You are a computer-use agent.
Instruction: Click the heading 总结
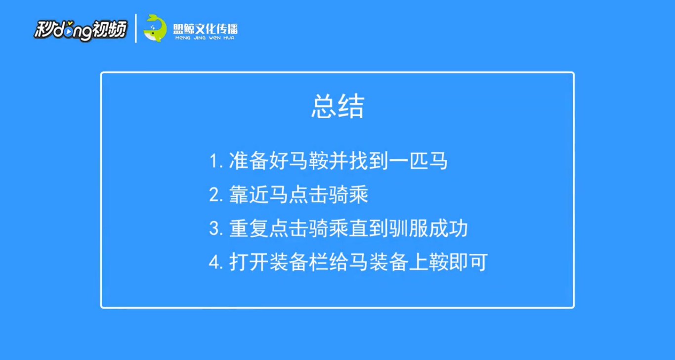(338, 106)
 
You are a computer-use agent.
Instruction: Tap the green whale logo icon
(155, 28)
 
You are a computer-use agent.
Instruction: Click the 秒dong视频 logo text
(81, 30)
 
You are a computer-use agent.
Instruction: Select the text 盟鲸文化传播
(205, 29)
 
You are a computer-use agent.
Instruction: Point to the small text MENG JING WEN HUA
(205, 38)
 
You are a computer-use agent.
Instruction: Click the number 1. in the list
(216, 161)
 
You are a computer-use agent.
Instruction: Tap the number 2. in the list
(216, 195)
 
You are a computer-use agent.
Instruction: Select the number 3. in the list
(216, 228)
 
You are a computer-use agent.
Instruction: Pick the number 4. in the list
(216, 262)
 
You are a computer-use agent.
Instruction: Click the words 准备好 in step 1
(258, 161)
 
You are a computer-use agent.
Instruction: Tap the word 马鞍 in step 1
(308, 161)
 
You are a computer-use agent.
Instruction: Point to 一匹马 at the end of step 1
(418, 161)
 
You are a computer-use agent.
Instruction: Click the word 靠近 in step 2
(249, 194)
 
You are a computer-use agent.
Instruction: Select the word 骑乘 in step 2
(349, 194)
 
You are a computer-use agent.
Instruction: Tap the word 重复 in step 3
(249, 228)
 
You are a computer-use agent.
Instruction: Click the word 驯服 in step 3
(408, 228)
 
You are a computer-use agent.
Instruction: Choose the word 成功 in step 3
(448, 228)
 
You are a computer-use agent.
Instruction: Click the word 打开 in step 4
(249, 262)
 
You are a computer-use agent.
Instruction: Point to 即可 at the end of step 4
(468, 262)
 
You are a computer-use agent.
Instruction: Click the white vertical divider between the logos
(136, 28)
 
